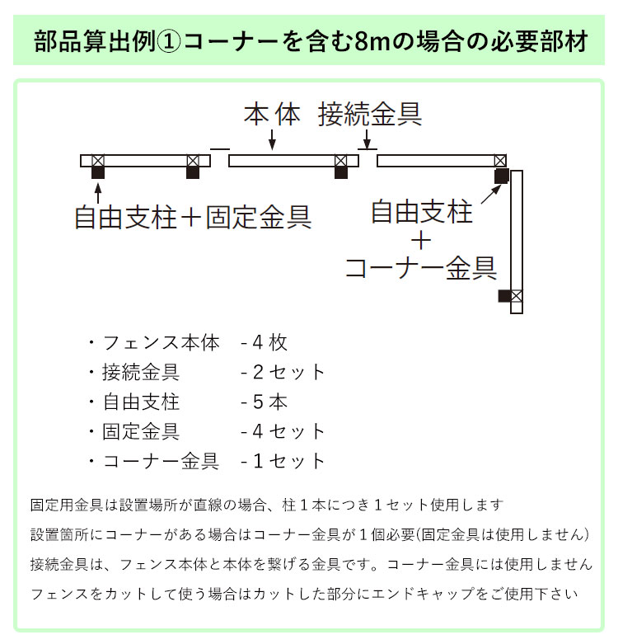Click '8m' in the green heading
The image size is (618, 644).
pyautogui.click(x=372, y=40)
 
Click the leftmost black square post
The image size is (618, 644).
pyautogui.click(x=98, y=172)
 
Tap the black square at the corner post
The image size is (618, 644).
pyautogui.click(x=501, y=176)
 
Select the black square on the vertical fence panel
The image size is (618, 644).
pyautogui.click(x=504, y=295)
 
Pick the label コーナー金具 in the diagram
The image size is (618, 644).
pyautogui.click(x=420, y=267)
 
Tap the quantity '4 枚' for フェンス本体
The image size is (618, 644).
pyautogui.click(x=265, y=342)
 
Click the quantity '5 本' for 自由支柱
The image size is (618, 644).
pyautogui.click(x=265, y=402)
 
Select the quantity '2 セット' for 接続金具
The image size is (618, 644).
pyautogui.click(x=284, y=372)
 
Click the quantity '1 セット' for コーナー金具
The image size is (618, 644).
pyautogui.click(x=284, y=461)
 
